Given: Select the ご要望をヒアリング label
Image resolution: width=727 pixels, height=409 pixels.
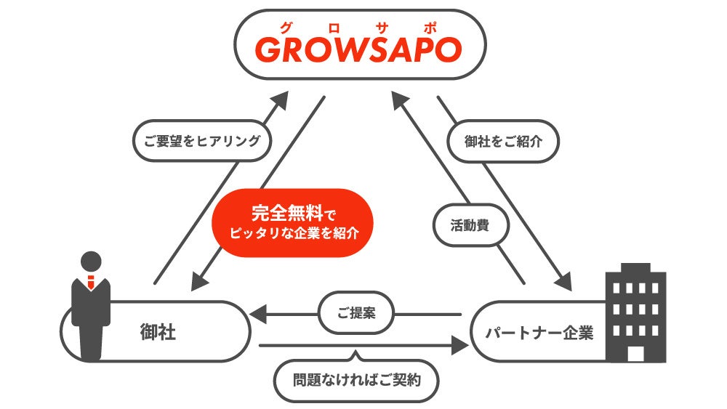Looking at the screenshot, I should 202,141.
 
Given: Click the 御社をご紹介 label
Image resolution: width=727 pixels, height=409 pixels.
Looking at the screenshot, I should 504,141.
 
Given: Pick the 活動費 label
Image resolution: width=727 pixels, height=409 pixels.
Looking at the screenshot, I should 470,225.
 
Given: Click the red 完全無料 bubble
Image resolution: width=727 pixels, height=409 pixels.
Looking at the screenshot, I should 292,222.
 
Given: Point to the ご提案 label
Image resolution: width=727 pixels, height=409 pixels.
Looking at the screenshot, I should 356,314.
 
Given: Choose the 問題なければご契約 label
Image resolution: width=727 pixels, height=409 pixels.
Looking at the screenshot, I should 356,379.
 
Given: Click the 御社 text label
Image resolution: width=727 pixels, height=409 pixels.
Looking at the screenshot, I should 158,332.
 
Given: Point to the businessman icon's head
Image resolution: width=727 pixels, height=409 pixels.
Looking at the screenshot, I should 91,261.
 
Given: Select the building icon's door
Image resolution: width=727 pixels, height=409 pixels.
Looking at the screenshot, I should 635,353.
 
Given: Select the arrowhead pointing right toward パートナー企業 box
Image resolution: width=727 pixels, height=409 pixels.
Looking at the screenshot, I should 459,345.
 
